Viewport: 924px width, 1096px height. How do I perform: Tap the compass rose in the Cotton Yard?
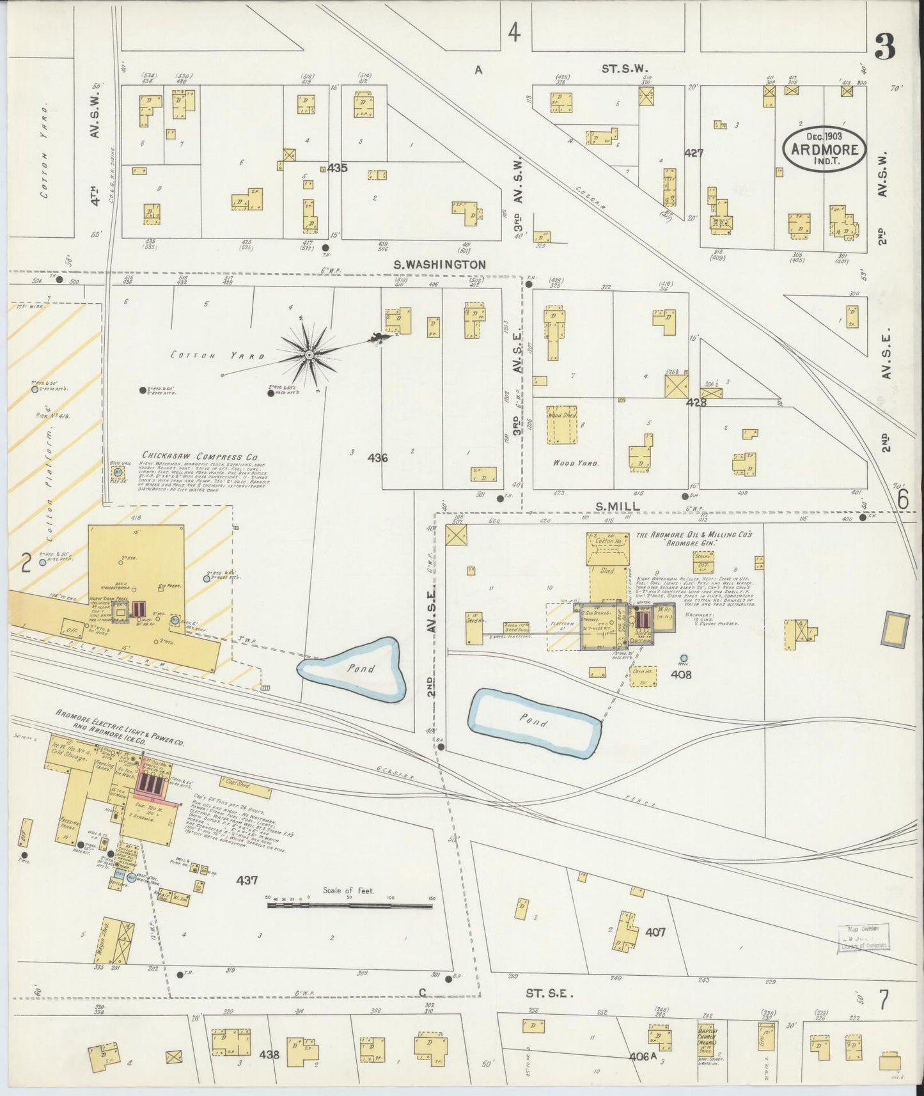point(309,354)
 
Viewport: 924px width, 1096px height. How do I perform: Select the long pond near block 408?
point(535,721)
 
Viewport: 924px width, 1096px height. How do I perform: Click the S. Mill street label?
point(617,507)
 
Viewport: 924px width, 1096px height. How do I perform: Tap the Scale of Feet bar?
point(349,905)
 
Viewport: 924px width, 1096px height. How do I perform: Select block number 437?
point(247,881)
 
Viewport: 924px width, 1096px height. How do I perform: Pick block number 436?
point(378,458)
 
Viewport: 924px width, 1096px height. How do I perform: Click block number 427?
point(694,153)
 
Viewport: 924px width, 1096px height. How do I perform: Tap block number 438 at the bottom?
point(269,1054)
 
